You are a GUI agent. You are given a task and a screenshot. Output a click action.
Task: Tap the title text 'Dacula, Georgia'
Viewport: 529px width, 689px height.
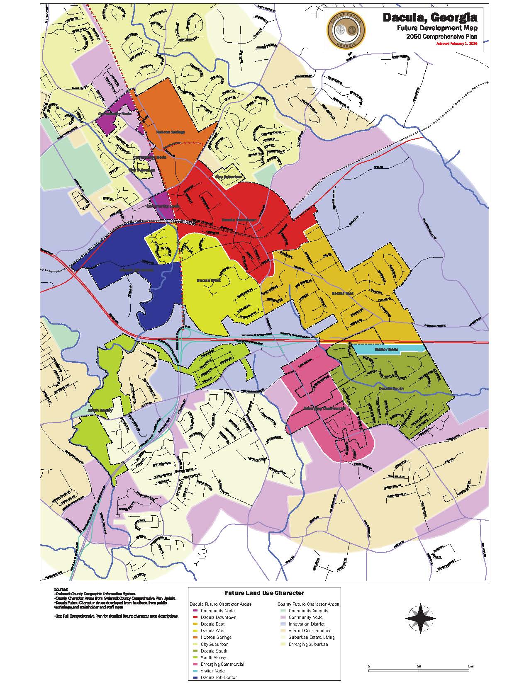tap(429, 18)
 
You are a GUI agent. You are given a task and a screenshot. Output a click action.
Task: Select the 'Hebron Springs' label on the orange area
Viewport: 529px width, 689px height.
tap(171, 132)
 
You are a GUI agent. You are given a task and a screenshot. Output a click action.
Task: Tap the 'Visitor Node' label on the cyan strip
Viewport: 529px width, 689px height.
tap(386, 349)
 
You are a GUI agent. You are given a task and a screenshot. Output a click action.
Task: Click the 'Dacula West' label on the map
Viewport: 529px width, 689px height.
tap(208, 281)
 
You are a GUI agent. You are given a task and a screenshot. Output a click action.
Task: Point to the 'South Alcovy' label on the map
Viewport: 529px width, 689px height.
tap(100, 410)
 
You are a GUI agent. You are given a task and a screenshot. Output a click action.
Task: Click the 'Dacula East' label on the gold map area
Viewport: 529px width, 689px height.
tap(342, 293)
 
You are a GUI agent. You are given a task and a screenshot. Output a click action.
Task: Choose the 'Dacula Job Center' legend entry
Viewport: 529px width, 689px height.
tap(218, 677)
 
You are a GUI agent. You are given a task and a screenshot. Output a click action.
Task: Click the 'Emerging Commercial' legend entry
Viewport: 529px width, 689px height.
tap(222, 664)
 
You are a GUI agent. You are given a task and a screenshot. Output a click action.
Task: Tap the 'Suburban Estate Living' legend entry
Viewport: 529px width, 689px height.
tap(311, 637)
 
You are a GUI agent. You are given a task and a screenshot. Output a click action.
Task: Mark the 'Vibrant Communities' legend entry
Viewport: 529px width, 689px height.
tap(309, 631)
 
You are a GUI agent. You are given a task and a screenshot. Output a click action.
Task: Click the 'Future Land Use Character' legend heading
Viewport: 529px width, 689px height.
tap(264, 593)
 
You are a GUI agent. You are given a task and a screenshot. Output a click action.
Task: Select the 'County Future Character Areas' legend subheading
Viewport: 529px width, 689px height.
tap(308, 604)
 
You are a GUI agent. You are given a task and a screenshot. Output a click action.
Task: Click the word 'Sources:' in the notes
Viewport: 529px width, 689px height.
tap(61, 589)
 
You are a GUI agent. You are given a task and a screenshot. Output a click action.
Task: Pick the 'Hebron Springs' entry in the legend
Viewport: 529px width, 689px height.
tap(216, 637)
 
